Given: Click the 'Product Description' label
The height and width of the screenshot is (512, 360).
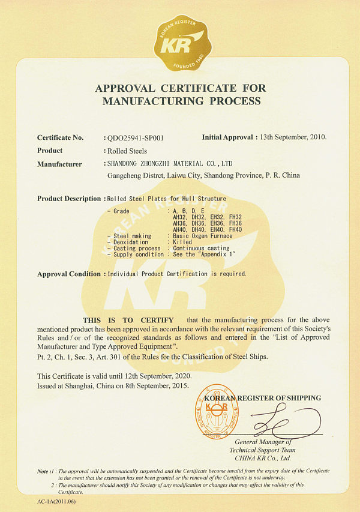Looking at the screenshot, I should pyautogui.click(x=69, y=199).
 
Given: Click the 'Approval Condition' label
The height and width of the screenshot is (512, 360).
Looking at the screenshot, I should pyautogui.click(x=69, y=274).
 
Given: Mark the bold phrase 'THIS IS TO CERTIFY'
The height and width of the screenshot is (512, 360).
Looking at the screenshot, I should pyautogui.click(x=128, y=320).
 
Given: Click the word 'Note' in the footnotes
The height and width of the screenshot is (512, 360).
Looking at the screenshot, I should pyautogui.click(x=43, y=471).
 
